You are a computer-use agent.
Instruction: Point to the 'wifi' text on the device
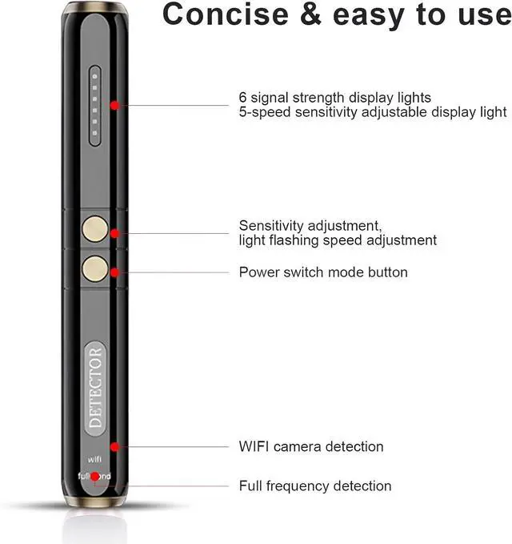coord(94,460)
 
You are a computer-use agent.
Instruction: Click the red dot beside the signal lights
coord(115,105)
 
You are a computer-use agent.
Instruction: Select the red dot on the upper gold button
coord(115,233)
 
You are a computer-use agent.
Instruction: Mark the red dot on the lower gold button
coord(115,272)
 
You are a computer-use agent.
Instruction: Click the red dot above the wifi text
coord(115,446)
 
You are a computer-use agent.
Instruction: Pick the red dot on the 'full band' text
coord(95,477)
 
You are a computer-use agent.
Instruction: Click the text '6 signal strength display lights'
coord(334,98)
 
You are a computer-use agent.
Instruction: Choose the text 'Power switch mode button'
coord(323,272)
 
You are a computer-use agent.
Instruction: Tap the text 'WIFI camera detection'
coord(311,446)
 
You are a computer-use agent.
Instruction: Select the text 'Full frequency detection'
coord(315,486)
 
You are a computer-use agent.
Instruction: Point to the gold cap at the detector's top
coord(94,7)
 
